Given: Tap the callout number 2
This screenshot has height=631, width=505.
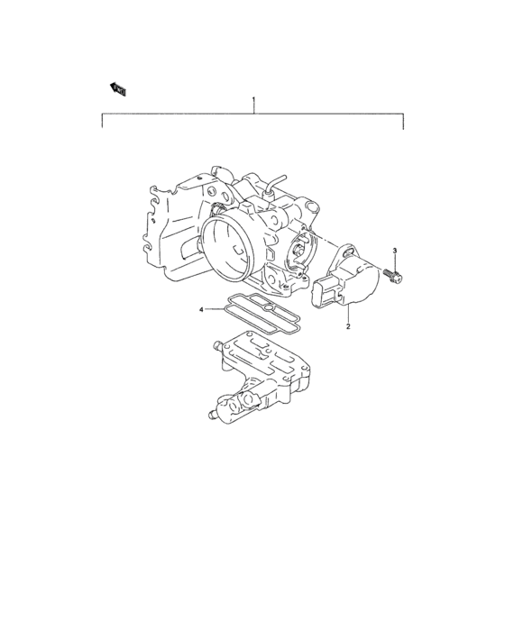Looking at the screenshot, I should [348, 328].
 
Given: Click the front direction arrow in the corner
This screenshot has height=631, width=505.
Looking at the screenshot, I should [117, 87].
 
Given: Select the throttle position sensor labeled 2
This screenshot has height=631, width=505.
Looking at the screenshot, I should [351, 279].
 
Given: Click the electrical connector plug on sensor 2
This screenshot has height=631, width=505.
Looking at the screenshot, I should [326, 295].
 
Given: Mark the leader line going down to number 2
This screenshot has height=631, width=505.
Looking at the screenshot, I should [349, 314].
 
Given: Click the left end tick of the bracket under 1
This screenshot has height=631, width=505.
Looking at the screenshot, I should [102, 121].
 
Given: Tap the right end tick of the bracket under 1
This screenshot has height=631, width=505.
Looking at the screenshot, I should [403, 121].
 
